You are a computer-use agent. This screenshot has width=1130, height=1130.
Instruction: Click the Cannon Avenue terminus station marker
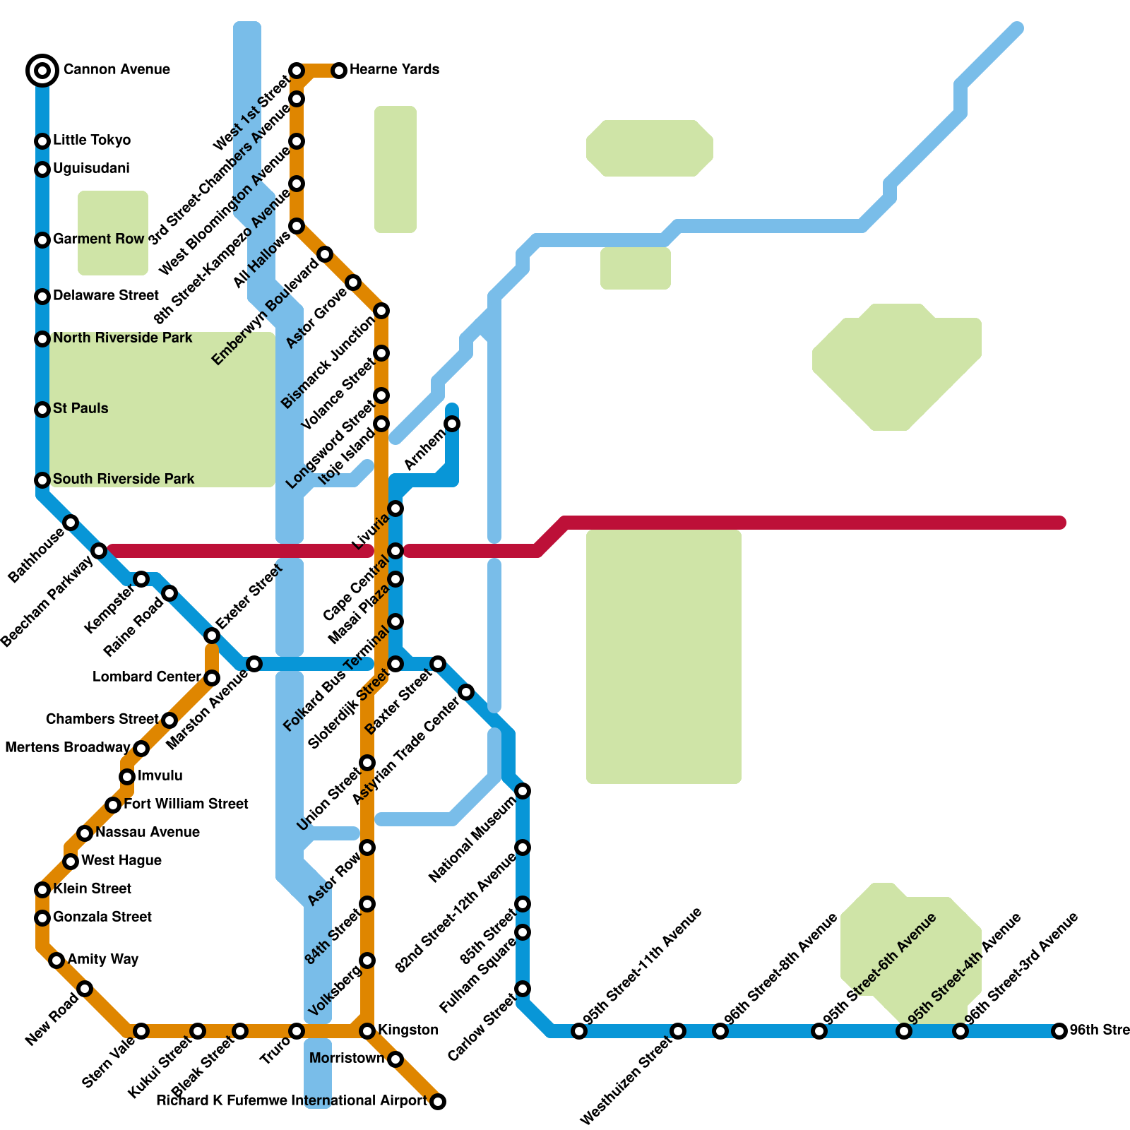(42, 70)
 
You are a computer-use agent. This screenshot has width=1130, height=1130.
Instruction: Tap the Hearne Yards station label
(394, 69)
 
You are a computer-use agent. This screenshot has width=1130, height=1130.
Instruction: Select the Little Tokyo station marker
(42, 141)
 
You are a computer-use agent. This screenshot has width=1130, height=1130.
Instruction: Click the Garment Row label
(98, 239)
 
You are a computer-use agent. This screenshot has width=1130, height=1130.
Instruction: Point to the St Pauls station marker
(42, 410)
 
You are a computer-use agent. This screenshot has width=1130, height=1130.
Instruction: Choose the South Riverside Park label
(124, 479)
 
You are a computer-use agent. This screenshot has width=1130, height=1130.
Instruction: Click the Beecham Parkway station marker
(99, 551)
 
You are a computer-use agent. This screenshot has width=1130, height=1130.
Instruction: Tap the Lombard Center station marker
(212, 678)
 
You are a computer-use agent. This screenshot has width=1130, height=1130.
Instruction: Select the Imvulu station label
(160, 775)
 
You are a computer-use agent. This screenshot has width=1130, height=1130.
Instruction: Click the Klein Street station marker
(42, 890)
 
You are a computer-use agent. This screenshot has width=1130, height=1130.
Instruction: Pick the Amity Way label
(103, 959)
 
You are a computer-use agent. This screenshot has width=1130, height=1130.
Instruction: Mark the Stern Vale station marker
(141, 1031)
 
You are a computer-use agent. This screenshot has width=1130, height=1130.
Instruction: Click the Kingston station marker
(367, 1031)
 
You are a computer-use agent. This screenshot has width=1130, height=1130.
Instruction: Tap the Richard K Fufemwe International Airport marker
(438, 1102)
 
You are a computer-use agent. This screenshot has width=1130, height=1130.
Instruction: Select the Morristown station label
(347, 1058)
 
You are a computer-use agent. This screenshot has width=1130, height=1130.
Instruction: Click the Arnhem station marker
(452, 424)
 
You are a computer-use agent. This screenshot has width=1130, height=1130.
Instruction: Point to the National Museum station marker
(523, 791)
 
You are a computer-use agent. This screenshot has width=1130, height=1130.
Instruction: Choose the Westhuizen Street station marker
(678, 1031)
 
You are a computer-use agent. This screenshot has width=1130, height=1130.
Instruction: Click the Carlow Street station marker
(523, 989)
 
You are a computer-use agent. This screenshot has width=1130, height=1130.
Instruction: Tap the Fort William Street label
(186, 804)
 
